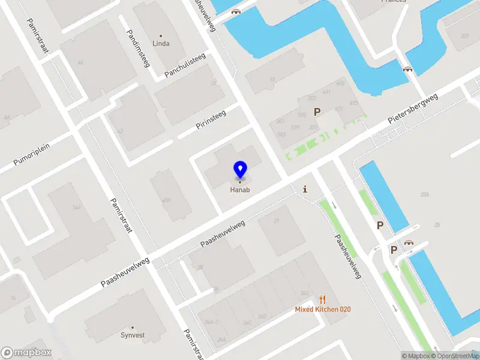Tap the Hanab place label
pos(240,190)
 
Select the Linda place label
pos(161,44)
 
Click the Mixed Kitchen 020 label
pos(323,310)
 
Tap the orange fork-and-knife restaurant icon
pos(323,299)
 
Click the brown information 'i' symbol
pos(305,190)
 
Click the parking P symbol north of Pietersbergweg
pos(317,111)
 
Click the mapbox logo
pos(26,353)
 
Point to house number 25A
pos(425,195)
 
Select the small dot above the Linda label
pos(161,36)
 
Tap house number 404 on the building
pos(166,200)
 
